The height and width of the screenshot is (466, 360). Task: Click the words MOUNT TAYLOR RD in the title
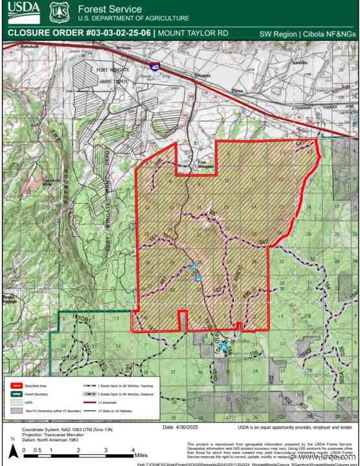tap(192, 32)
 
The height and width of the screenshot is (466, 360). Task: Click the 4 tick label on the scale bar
tap(131, 450)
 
